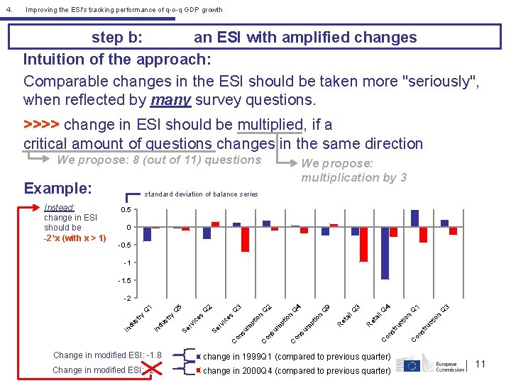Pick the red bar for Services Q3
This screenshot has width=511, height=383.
[245, 240]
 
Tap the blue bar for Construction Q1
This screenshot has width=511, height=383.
[414, 218]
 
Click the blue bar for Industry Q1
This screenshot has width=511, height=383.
[147, 234]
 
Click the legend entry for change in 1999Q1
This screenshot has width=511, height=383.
[296, 357]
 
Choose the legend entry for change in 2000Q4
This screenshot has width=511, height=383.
[296, 370]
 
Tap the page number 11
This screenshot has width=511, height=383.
[480, 364]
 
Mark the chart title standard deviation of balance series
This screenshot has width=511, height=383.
[201, 194]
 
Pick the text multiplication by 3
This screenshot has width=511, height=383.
[353, 177]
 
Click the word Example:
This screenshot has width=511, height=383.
[57, 189]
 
